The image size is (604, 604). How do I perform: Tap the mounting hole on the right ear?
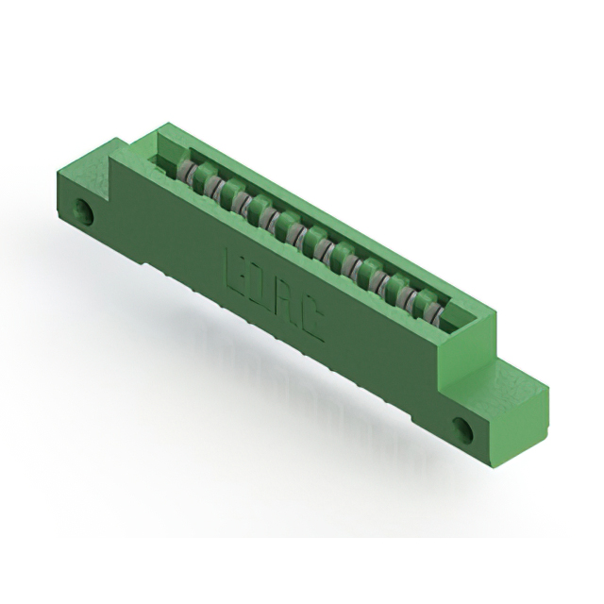coord(464,430)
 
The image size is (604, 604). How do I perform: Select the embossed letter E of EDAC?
coord(236,267)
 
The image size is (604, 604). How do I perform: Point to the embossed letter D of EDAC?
coord(262,288)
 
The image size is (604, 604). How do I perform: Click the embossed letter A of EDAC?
coord(287,308)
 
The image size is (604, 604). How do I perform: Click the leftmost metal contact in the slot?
coord(188,173)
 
